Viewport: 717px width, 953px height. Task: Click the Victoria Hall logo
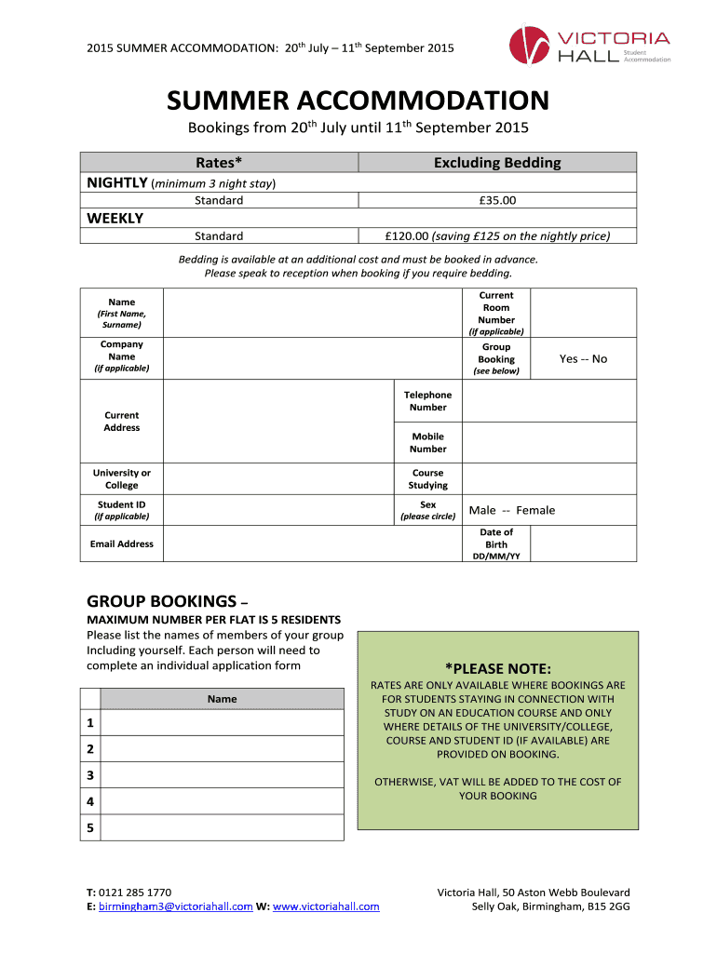coord(588,45)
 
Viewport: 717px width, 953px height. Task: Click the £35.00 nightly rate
coord(496,200)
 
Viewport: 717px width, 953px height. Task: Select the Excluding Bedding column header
coord(497,163)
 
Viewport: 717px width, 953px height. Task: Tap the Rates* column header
coord(219,163)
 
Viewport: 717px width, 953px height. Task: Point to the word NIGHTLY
coord(115,182)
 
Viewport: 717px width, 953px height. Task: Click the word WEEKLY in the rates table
coord(115,218)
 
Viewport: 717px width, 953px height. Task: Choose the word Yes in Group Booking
coord(568,358)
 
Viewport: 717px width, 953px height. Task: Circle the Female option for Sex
coord(535,510)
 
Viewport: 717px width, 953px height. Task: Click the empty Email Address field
coord(313,544)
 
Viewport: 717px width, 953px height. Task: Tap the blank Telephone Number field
coord(549,401)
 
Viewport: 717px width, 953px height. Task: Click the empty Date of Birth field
coord(584,544)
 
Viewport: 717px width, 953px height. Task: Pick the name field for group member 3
coord(222,775)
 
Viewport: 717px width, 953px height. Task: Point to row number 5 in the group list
coord(90,827)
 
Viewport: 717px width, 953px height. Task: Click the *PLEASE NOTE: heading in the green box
coord(498,668)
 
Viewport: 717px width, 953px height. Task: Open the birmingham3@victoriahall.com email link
coord(175,906)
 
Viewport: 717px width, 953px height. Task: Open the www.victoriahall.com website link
coord(326,906)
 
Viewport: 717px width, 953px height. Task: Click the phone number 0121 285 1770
coord(135,892)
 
